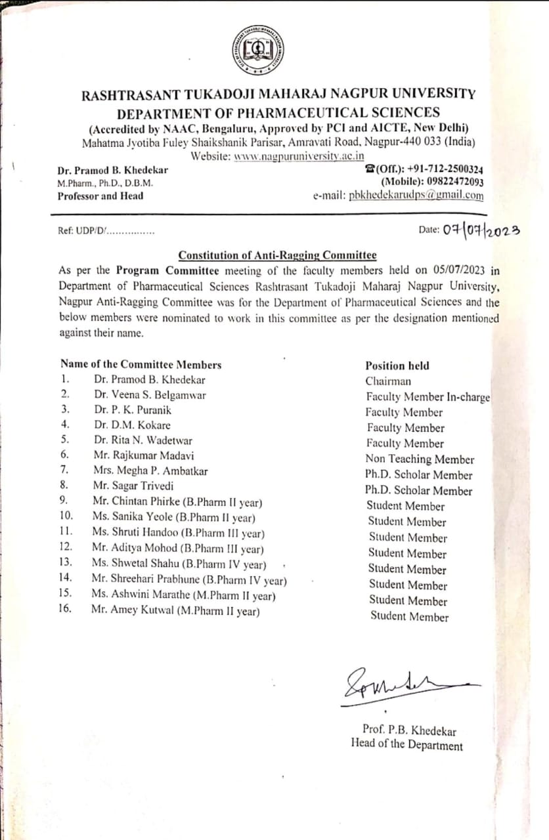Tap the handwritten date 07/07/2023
[x=481, y=230]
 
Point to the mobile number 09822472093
[x=451, y=182]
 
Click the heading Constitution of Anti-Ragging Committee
[x=278, y=255]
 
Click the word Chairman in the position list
[x=388, y=381]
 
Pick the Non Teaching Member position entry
[x=420, y=459]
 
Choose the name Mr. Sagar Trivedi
[x=133, y=486]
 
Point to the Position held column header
[x=397, y=366]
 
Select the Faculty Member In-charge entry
[x=428, y=396]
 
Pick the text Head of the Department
[x=406, y=745]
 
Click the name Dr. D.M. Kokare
[x=132, y=425]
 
